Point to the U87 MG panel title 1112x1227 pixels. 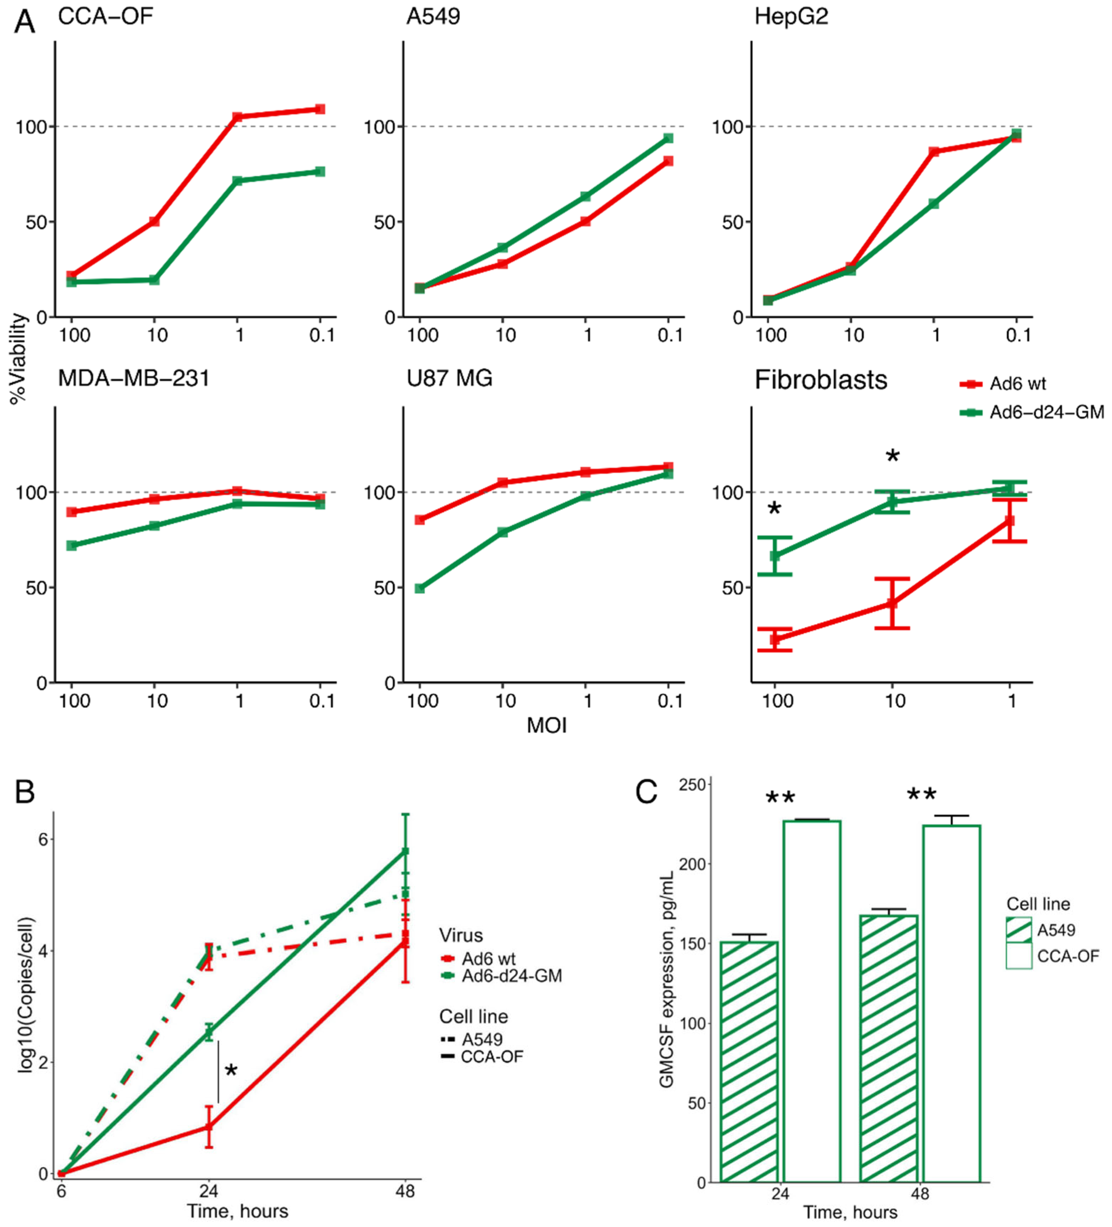coord(449,379)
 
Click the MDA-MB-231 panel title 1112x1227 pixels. coord(134,379)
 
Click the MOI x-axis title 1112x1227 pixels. coord(546,726)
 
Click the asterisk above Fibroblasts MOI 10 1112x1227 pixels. coord(892,456)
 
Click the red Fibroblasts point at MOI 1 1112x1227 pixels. coord(1010,521)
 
